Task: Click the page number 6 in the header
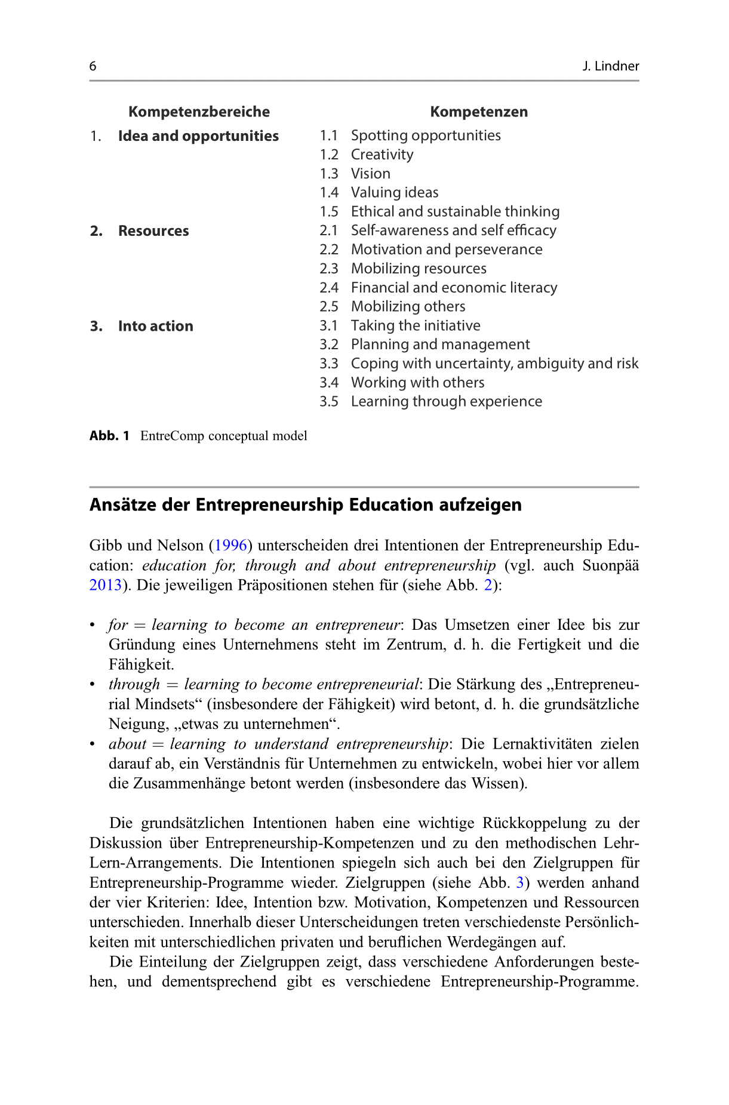[93, 66]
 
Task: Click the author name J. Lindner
[610, 66]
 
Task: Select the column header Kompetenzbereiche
[199, 112]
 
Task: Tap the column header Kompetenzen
[479, 112]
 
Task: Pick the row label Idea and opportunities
[198, 136]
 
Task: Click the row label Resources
[153, 231]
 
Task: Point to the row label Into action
[155, 326]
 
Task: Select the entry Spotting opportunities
[426, 136]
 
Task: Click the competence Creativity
[382, 155]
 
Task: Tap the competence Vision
[371, 174]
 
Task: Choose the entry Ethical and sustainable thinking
[455, 211]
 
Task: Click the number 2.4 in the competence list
[329, 288]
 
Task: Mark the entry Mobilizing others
[408, 306]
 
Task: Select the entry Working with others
[417, 383]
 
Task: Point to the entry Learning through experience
[446, 401]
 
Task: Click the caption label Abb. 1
[109, 436]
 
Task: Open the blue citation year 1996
[230, 546]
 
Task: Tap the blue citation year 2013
[106, 585]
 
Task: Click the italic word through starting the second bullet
[134, 684]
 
